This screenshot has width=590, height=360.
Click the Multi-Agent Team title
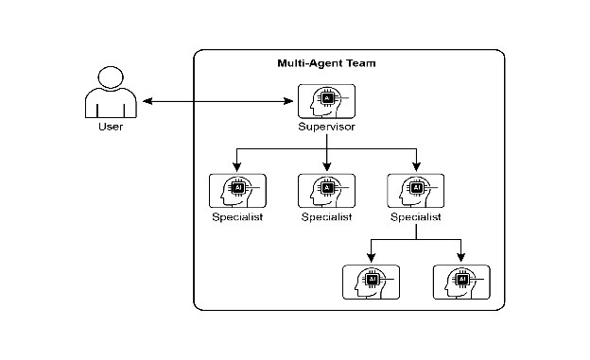pos(326,63)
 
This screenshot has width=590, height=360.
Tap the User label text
pos(111,127)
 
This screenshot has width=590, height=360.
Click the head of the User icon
pos(111,77)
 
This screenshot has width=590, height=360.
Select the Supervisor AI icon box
pos(326,101)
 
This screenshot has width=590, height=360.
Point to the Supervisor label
pos(326,127)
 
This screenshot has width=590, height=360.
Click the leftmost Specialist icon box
pos(237,191)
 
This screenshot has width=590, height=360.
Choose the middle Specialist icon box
pos(326,191)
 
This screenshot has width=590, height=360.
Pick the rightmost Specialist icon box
pos(416,191)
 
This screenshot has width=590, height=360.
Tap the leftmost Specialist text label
pos(237,217)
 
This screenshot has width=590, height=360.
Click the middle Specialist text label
pos(326,217)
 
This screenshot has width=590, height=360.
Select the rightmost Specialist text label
pos(416,217)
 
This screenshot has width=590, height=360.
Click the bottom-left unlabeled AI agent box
pos(371,283)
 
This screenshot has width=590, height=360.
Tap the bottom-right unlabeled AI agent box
pos(461,283)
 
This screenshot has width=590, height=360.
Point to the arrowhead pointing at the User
pos(147,101)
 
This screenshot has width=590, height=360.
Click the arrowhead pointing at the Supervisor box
pos(288,101)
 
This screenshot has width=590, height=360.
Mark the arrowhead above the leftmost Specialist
pos(236,166)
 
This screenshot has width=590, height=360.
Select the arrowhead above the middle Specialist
pos(326,166)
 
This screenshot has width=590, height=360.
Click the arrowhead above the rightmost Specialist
pos(416,166)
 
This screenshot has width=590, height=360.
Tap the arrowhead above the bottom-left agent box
pos(371,258)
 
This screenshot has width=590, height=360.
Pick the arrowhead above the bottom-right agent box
pos(461,258)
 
